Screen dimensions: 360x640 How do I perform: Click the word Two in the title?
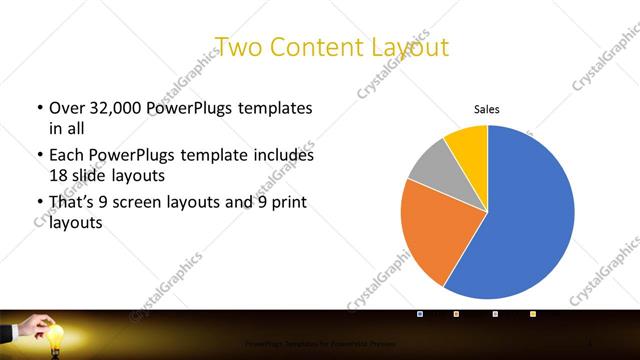[236, 46]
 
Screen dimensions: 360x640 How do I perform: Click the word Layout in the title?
[406, 46]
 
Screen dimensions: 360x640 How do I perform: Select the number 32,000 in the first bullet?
[115, 107]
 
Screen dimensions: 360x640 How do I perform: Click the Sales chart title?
[487, 110]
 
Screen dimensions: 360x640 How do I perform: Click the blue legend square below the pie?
[420, 314]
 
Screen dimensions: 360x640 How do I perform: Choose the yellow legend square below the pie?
[533, 314]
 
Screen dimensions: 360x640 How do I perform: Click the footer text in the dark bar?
[310, 343]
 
